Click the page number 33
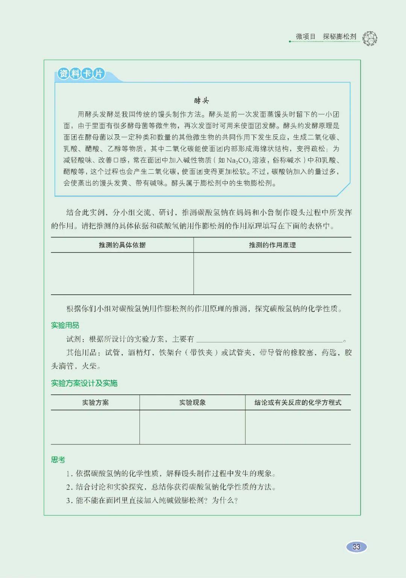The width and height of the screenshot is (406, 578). click(x=356, y=547)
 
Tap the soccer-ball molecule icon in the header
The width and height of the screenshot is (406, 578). click(x=370, y=38)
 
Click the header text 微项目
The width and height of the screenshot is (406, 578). click(x=305, y=37)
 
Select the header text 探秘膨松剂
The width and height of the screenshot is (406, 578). click(x=339, y=37)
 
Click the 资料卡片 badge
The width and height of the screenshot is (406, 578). click(x=81, y=73)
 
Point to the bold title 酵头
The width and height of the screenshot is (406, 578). click(x=201, y=100)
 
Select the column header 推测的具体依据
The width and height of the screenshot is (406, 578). click(x=122, y=245)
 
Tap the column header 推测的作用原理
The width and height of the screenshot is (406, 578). click(x=272, y=245)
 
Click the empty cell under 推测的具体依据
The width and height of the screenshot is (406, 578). click(x=122, y=274)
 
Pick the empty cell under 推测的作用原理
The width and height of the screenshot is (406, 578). click(x=272, y=274)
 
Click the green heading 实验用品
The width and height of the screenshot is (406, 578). click(x=65, y=325)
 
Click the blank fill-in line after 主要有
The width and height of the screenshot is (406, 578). click(x=269, y=339)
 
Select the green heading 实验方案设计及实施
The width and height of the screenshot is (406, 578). click(x=84, y=383)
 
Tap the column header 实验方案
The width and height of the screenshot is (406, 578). click(x=95, y=403)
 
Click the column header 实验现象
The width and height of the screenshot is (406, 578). click(x=192, y=403)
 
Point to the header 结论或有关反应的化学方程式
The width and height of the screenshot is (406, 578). click(x=298, y=403)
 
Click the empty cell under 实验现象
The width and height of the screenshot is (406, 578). click(x=192, y=427)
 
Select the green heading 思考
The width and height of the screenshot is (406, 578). click(x=58, y=459)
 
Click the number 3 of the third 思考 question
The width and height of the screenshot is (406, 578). click(x=68, y=500)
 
